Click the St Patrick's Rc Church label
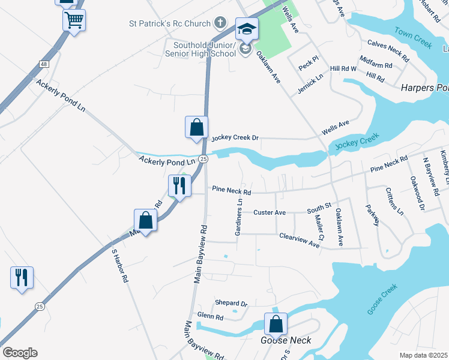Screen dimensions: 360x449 (170, 24)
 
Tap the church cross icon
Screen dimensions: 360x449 (220, 24)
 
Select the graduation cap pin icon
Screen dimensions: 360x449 (247, 28)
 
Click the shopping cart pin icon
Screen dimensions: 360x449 (74, 20)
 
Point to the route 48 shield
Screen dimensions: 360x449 (44, 64)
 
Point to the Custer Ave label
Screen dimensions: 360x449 (269, 212)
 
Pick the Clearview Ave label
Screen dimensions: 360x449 (300, 240)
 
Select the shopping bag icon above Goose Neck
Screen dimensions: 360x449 (275, 324)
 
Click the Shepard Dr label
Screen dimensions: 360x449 (231, 304)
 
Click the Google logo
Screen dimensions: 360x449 (20, 353)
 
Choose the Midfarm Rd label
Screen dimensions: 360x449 (375, 64)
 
